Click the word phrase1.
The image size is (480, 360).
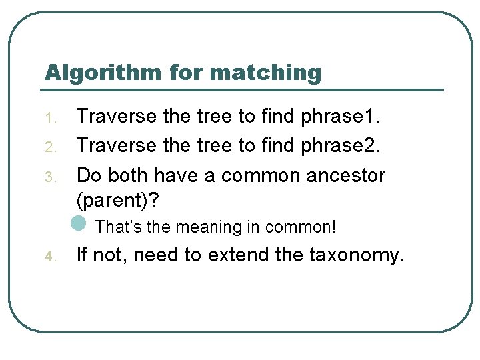point(341,117)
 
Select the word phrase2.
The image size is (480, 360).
point(341,146)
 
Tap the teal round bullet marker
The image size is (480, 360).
point(79,223)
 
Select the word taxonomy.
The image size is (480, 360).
point(357,255)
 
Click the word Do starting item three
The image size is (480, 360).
point(89,175)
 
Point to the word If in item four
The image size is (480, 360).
point(83,255)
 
